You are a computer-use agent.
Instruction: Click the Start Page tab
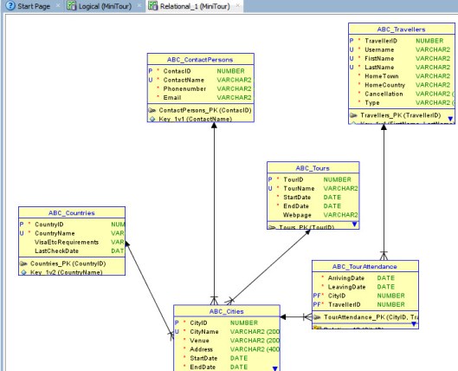pos(28,6)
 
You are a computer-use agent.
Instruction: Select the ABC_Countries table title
pos(73,212)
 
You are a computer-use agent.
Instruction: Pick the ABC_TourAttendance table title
pos(364,266)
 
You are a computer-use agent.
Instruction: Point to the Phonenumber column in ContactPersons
pos(184,88)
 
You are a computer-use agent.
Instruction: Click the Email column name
pos(174,98)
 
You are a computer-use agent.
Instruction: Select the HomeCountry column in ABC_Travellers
pos(385,84)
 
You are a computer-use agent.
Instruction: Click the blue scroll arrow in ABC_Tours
pos(354,224)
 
